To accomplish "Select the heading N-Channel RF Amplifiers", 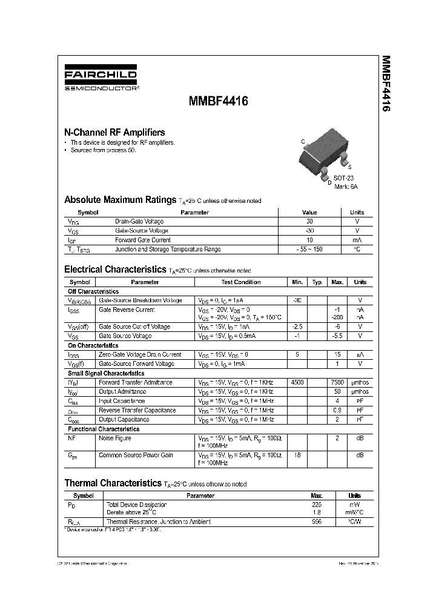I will pos(114,132).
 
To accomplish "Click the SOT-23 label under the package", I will pos(343,179).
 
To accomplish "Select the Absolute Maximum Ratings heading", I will pos(120,200).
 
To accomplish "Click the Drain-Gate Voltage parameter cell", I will pos(139,222).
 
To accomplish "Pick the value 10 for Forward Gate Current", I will pos(309,240).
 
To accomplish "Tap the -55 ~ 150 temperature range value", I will pos(309,249).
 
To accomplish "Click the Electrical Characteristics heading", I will pos(115,270).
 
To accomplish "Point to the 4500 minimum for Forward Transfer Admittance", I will pos(297,382).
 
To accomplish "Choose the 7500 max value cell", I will pos(337,382).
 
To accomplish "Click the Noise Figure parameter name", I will pos(115,438).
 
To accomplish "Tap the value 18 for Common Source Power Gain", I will pos(297,454).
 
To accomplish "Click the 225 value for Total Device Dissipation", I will pos(316,504).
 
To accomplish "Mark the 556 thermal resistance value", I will pos(316,522).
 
